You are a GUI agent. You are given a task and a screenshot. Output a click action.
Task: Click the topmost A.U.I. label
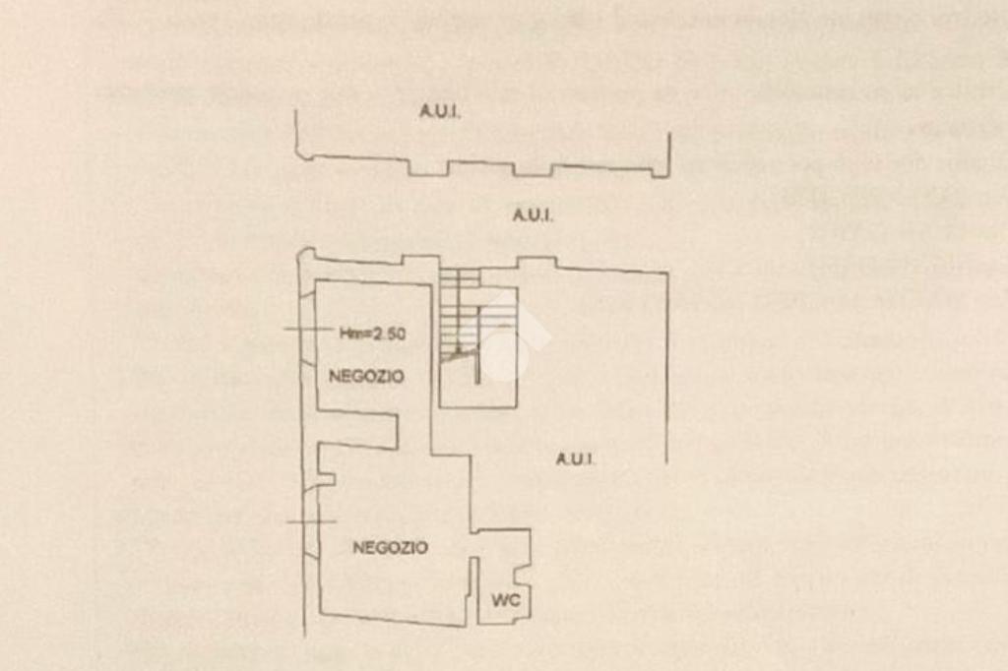[x=440, y=111]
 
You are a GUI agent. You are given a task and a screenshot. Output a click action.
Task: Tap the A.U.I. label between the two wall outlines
[x=533, y=215]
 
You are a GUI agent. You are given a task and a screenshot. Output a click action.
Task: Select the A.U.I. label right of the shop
[x=574, y=458]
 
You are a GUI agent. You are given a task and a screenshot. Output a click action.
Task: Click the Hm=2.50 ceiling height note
[x=373, y=334]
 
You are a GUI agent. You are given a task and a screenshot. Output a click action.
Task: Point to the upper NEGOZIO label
[x=366, y=376]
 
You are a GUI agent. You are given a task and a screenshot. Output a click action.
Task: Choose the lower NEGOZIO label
[x=390, y=548]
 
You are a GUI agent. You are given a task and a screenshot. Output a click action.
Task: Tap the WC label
[x=506, y=600]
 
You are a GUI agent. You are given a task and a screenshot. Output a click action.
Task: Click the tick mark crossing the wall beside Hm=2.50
[x=307, y=328]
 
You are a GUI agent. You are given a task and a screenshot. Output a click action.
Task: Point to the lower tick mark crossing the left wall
[x=311, y=521]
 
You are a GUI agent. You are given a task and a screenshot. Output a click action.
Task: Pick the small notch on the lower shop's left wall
[x=326, y=479]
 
